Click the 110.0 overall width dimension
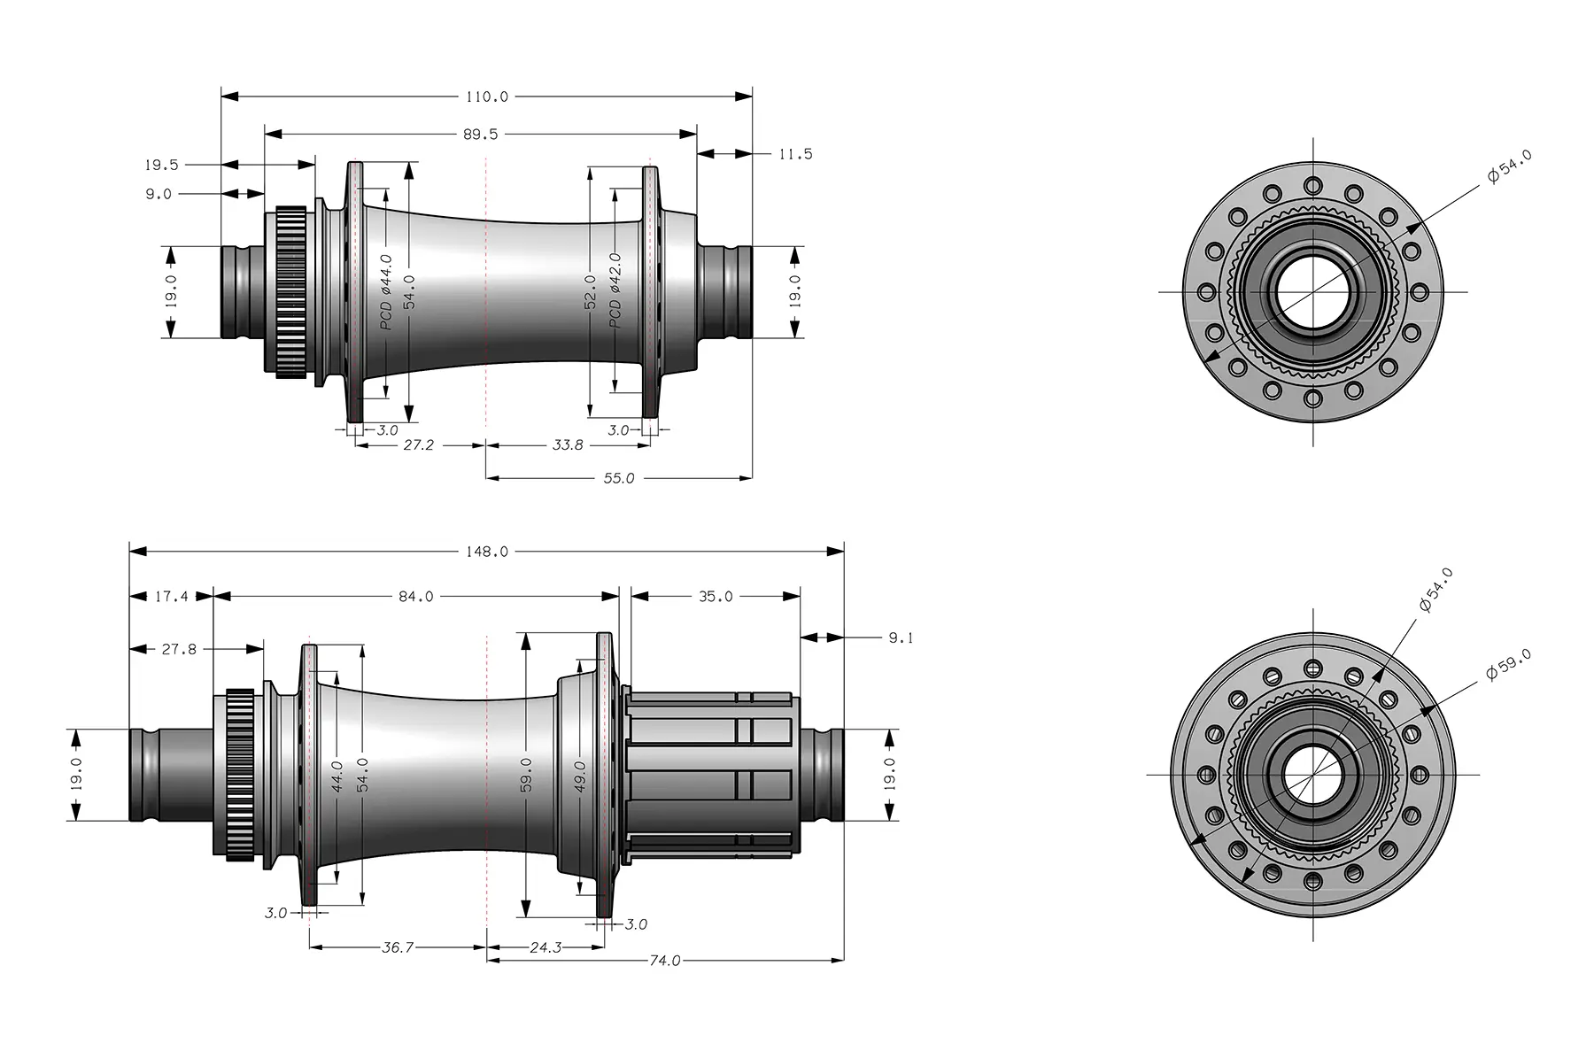tap(486, 97)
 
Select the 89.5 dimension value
tap(480, 135)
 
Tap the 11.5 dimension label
tap(794, 154)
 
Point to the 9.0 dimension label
tap(159, 194)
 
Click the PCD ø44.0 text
tap(387, 292)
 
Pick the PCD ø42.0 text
tap(615, 290)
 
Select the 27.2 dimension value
tap(418, 445)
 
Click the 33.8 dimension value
tap(567, 445)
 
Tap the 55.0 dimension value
tap(618, 478)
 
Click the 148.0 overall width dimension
tap(486, 552)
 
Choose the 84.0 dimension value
tap(415, 597)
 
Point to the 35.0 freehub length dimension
tap(715, 597)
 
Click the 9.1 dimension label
tap(900, 637)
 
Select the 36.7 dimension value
tap(397, 947)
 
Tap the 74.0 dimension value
tap(664, 961)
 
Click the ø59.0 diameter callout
tap(1508, 664)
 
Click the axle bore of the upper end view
tap(1312, 292)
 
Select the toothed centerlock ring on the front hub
tap(290, 292)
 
